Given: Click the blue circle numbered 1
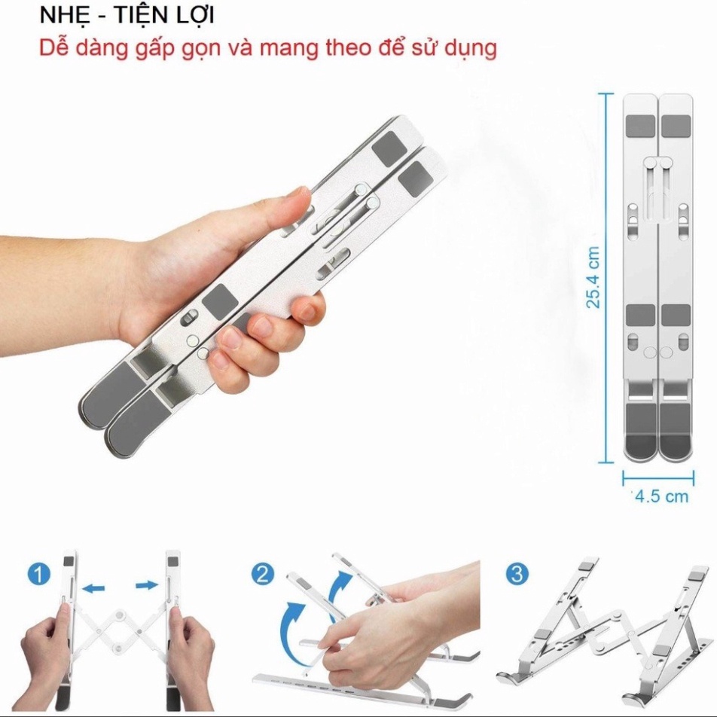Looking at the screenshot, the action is pos(38,574).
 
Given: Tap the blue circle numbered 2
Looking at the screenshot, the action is pos(262,574).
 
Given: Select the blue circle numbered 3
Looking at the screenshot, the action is pos(517,574).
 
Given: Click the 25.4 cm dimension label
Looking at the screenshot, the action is pos(593,277).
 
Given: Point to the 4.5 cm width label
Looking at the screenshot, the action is pos(662,496).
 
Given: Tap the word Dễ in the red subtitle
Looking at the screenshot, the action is pos(54,47).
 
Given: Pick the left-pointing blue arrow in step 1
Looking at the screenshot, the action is pos(93,588).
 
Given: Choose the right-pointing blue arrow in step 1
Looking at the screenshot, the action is pos(147,585).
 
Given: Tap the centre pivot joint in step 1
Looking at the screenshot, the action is pos(121,615).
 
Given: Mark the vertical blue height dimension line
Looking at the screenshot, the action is pos(606,278).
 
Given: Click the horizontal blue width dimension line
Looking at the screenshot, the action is pos(658,478).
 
